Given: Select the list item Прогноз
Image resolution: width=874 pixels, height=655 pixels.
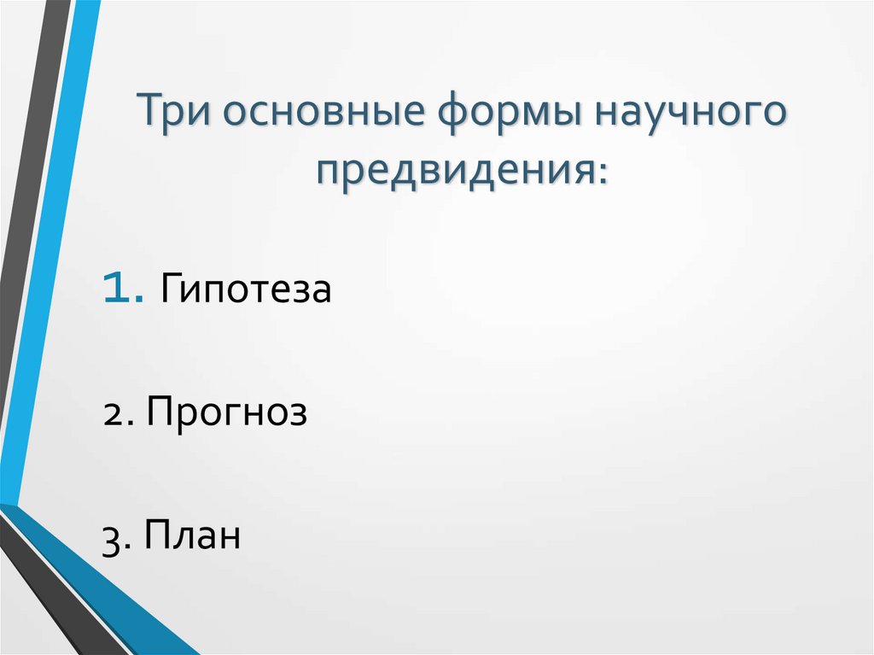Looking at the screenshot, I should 226,414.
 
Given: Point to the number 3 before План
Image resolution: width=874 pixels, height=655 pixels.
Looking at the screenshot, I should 112,541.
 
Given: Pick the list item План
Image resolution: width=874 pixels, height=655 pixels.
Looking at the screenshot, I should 192,537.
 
